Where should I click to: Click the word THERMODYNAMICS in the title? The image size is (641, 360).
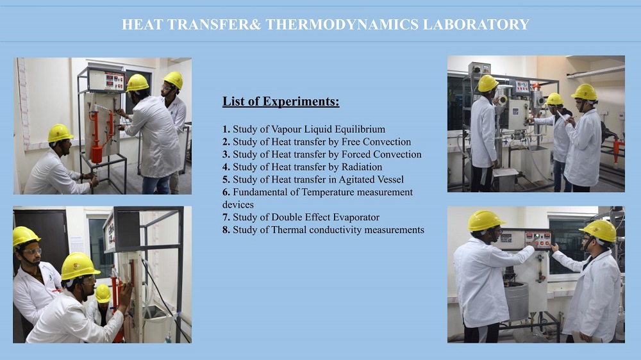click(342, 24)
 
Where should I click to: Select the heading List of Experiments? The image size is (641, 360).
click(281, 101)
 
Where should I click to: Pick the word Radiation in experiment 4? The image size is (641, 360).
click(362, 167)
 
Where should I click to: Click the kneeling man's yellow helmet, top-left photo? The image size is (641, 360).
click(60, 133)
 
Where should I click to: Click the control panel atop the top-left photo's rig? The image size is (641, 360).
click(107, 79)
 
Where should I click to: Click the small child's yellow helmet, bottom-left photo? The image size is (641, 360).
click(103, 293)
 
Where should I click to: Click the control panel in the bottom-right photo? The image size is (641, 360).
click(526, 240)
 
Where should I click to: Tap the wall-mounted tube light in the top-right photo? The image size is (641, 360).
click(595, 72)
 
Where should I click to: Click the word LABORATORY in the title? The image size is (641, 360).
click(476, 24)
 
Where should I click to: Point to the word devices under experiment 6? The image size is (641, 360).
click(238, 205)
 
